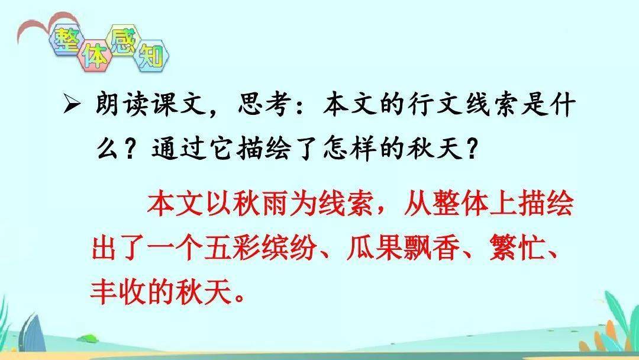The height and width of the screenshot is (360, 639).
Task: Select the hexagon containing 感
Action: (x=123, y=39)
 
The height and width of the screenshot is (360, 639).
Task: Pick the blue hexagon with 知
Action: (x=151, y=56)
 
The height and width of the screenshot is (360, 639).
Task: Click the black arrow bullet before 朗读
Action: (x=72, y=106)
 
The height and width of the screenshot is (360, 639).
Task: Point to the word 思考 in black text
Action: (x=263, y=105)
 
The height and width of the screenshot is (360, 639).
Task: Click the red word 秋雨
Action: (x=246, y=203)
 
